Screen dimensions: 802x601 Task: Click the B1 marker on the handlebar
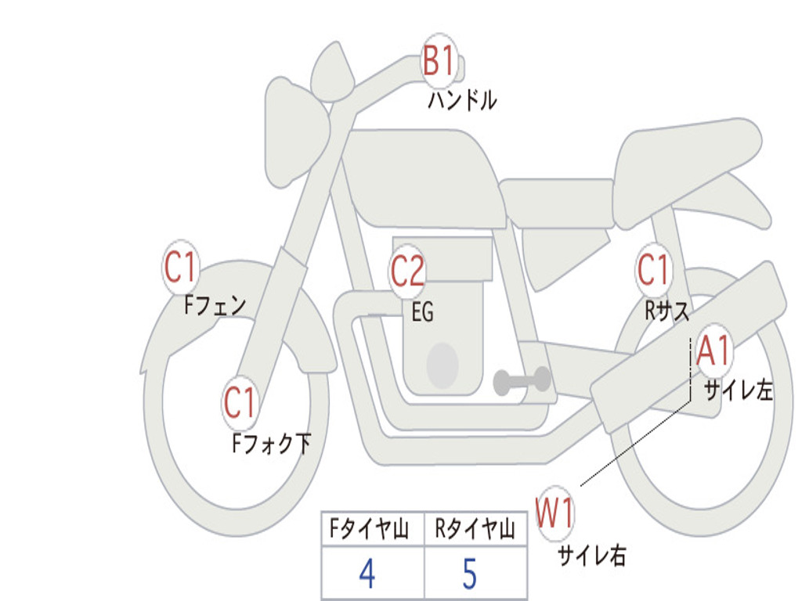coord(439,60)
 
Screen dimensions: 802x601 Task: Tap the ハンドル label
coord(462,99)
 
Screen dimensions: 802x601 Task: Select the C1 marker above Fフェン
coord(181,267)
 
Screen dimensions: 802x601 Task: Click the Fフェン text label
coord(215,306)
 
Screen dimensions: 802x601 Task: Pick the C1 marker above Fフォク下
coord(240,402)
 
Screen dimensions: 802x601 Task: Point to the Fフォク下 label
coord(271,443)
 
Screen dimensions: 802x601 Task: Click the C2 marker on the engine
coord(407,271)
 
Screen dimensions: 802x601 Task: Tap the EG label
coord(422,311)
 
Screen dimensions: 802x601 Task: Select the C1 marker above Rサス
coord(653,269)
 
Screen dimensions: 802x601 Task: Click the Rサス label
coord(667,310)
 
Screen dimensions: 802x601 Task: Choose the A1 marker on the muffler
coord(713,351)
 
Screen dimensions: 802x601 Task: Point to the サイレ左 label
coord(738,391)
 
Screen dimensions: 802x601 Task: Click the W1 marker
coord(555,513)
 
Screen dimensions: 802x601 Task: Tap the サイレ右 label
coord(592,555)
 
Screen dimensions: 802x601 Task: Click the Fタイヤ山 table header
coord(370,528)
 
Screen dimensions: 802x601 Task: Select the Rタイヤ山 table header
coord(475,528)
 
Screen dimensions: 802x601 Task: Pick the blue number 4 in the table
coord(367,574)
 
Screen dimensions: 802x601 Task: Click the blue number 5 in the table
coord(470,574)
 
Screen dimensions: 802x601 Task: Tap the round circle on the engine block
coord(443,365)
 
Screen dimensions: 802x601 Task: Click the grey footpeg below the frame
coord(522,380)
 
